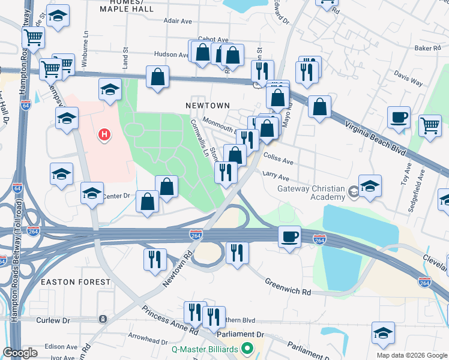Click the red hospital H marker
click(104, 134)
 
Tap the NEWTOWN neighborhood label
click(207, 105)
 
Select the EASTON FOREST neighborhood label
click(76, 281)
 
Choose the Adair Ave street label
click(178, 20)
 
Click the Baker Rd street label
click(427, 47)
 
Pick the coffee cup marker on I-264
click(289, 236)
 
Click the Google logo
click(20, 353)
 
